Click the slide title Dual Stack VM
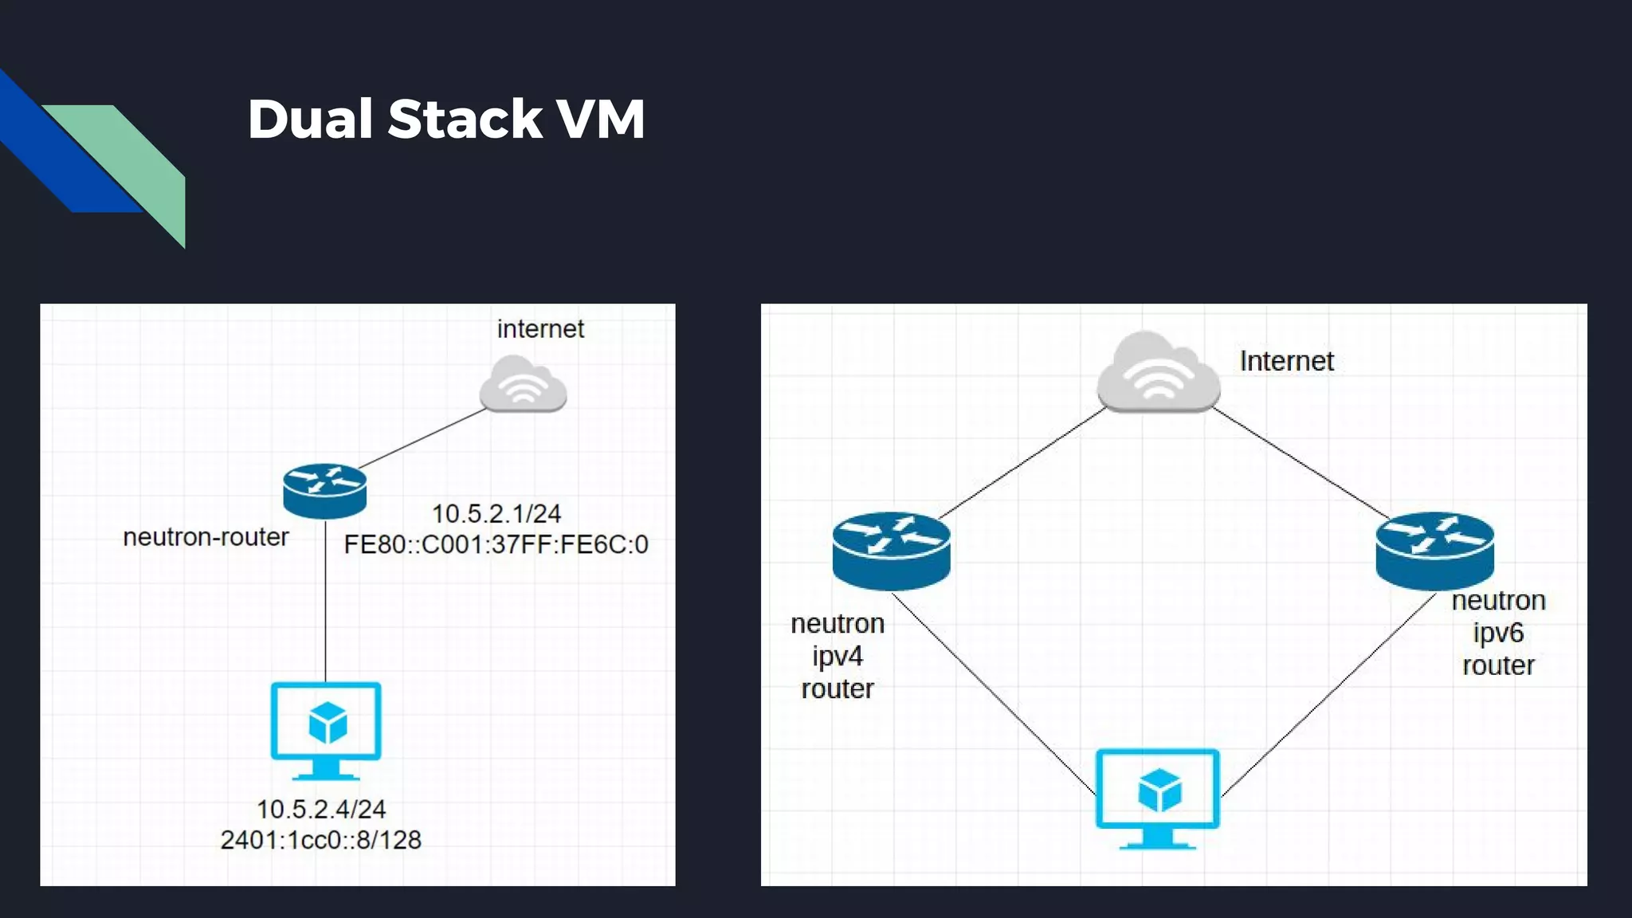[445, 120]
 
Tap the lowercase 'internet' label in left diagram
[540, 329]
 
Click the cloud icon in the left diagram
[523, 385]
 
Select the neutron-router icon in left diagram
[324, 490]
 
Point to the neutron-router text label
[206, 537]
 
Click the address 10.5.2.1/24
[496, 513]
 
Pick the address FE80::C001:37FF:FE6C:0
[496, 544]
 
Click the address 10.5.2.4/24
[320, 809]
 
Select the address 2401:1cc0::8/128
[320, 840]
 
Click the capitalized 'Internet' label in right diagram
[1286, 362]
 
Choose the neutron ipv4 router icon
[891, 550]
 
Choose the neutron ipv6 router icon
[1434, 550]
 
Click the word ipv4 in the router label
[837, 656]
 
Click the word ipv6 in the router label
[1498, 633]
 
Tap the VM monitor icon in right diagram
[1157, 797]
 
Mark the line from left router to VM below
[324, 606]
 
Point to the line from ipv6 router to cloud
[1300, 463]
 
